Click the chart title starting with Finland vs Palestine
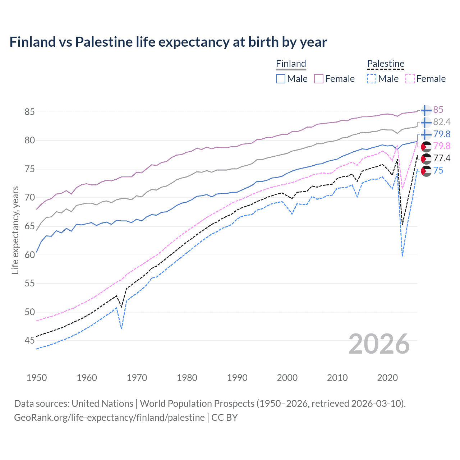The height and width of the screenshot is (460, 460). (168, 42)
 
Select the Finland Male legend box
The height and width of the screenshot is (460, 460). (281, 79)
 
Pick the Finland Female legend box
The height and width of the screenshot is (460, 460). (319, 79)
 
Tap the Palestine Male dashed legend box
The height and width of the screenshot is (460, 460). (372, 79)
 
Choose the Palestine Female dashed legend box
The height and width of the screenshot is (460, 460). (410, 79)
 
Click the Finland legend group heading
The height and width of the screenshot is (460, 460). (291, 64)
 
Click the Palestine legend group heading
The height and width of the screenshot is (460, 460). (386, 64)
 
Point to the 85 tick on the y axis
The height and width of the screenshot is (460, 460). (30, 112)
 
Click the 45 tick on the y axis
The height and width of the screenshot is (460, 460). (30, 340)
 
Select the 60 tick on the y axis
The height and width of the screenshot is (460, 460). (30, 255)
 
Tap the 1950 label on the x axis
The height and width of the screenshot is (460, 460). (37, 378)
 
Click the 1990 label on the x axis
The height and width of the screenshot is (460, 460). (237, 378)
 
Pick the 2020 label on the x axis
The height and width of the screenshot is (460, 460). (387, 378)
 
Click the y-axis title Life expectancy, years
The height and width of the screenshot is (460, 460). (15, 230)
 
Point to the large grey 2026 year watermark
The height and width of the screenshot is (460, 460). (379, 344)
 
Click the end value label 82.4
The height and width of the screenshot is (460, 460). (442, 122)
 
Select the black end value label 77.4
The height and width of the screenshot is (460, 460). (442, 158)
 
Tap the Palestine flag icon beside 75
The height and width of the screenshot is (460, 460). (426, 171)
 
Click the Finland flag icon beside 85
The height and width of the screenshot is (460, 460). (426, 110)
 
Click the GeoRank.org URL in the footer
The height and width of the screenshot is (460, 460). (109, 418)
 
